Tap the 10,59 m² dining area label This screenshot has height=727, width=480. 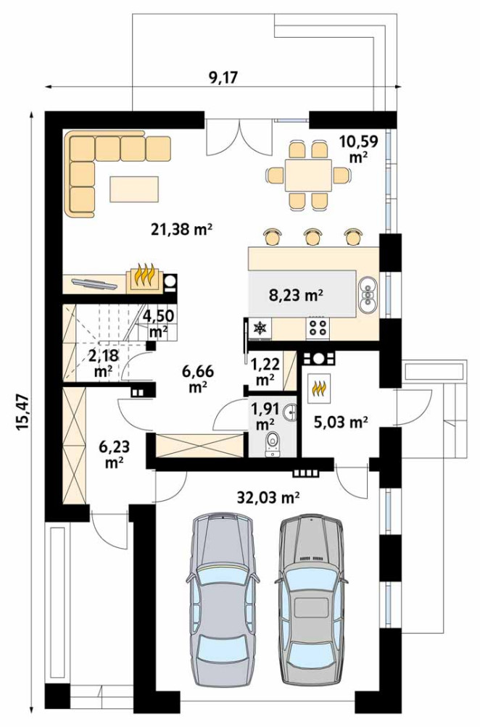[358, 148]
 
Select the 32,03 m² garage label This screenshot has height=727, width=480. [268, 497]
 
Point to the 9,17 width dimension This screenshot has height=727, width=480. [223, 77]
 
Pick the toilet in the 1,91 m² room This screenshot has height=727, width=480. [273, 442]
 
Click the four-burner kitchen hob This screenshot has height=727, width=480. [318, 328]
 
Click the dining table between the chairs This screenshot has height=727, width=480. [308, 175]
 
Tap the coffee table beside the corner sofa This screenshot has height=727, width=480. [136, 189]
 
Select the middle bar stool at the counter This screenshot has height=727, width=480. [313, 236]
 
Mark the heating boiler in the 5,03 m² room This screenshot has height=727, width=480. [319, 387]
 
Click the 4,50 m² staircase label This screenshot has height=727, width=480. [159, 323]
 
